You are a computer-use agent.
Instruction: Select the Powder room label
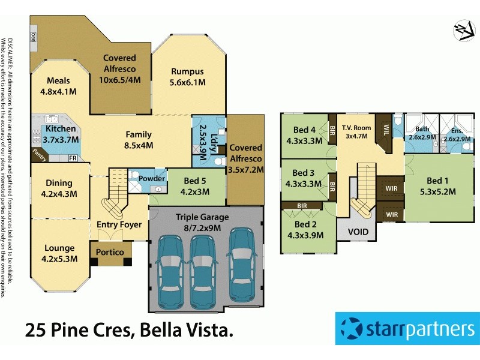click(x=152, y=179)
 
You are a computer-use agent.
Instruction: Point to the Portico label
click(x=110, y=252)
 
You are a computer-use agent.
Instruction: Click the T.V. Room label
click(x=357, y=127)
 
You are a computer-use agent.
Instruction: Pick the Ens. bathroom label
click(x=453, y=128)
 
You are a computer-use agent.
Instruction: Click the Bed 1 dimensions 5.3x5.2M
click(x=437, y=192)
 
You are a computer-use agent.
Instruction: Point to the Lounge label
click(x=59, y=248)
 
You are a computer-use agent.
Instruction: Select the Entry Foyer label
click(x=119, y=225)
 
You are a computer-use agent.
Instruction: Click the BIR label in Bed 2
click(x=302, y=206)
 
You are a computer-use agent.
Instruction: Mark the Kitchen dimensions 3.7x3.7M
click(x=61, y=139)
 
